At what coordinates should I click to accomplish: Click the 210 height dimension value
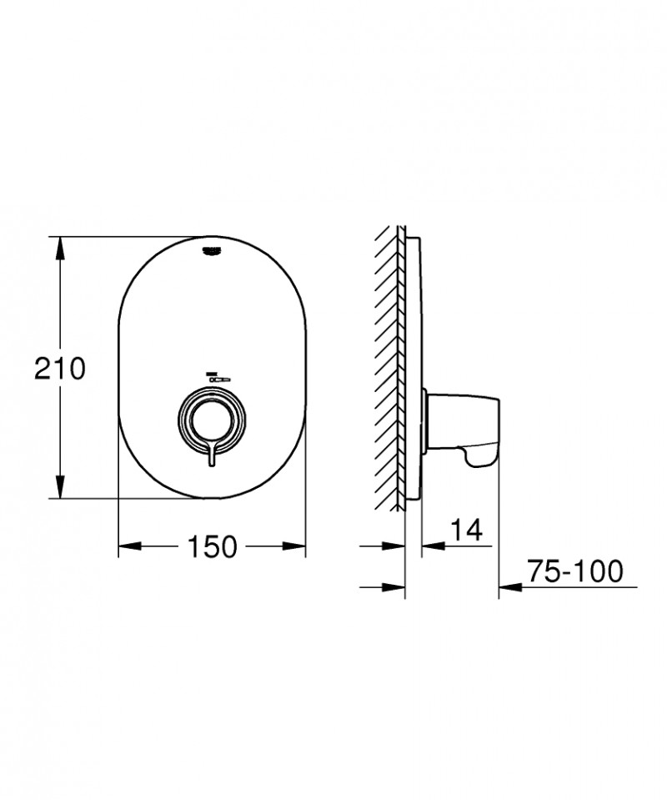coord(59,368)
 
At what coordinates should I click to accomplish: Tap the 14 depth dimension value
coord(467,531)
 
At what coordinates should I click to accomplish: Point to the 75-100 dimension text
coord(574,571)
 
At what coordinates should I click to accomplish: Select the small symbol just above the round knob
coord(215,377)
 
